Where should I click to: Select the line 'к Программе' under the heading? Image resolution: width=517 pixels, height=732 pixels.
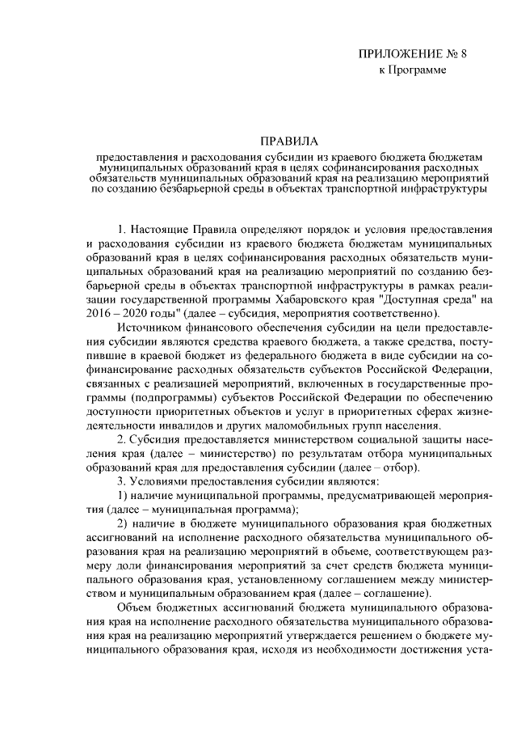point(413,71)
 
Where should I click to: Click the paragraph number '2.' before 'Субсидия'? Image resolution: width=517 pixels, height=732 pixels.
point(122,440)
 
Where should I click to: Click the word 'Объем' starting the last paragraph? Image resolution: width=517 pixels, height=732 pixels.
point(134,609)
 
